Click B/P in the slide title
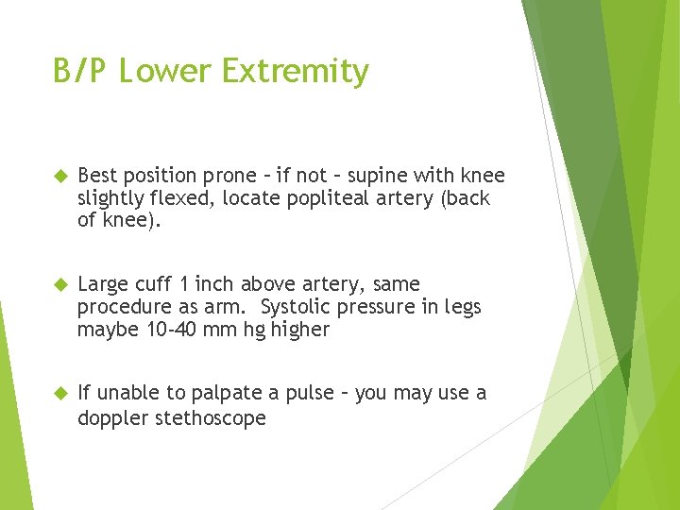(83, 72)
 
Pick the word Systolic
(297, 307)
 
